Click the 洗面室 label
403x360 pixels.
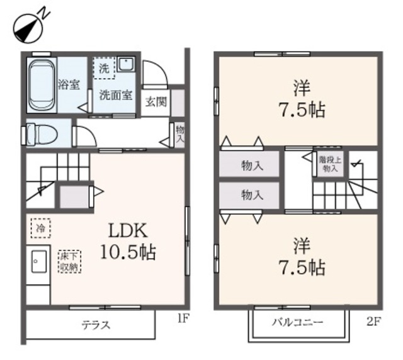click(115, 96)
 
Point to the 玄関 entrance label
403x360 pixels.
click(156, 101)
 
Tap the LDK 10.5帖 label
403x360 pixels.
click(127, 240)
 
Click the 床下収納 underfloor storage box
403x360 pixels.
click(69, 261)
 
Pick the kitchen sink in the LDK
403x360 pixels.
click(38, 259)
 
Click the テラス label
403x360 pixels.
click(96, 325)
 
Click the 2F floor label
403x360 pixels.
click(374, 322)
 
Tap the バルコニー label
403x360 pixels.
click(298, 323)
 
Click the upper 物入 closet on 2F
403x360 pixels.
click(251, 166)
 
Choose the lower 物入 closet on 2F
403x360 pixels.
click(251, 195)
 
